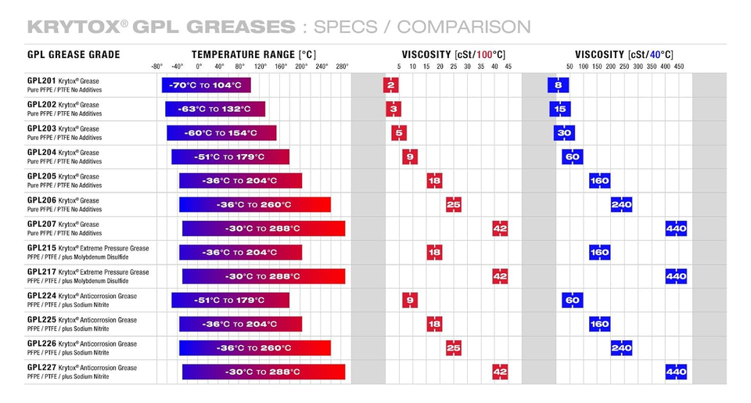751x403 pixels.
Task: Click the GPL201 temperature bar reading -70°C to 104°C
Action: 206,85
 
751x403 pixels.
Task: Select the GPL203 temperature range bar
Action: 221,133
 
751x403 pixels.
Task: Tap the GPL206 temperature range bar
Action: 254,205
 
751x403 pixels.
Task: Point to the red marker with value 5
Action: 400,133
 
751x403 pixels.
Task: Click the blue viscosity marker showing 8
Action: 558,85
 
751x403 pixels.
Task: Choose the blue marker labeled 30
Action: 564,133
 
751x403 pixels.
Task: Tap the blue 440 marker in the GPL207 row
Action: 676,228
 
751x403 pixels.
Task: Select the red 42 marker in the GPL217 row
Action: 500,276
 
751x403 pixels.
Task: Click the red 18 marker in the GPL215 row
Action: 434,253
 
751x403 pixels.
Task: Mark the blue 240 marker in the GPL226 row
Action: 621,348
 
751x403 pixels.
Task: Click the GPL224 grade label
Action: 41,297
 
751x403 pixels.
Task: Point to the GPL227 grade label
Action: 41,368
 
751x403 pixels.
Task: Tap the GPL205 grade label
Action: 41,177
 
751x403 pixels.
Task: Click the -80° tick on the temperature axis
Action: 157,67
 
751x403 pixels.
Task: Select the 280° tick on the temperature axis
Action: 342,67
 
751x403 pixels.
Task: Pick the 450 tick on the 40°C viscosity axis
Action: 678,67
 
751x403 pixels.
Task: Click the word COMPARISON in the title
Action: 463,27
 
